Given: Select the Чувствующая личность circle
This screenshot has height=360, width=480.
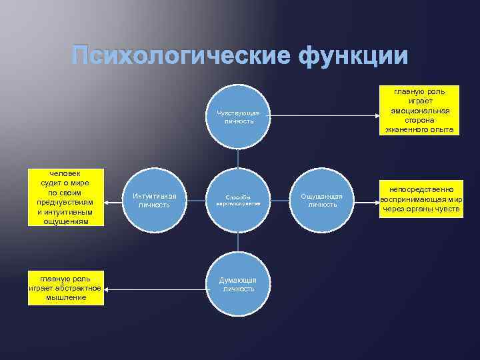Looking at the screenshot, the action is click(238, 117).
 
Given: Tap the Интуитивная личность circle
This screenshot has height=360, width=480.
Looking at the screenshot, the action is click(155, 200).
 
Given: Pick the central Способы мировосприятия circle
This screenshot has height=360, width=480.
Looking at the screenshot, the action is click(238, 200).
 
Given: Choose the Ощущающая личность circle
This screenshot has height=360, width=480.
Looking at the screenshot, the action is click(322, 200).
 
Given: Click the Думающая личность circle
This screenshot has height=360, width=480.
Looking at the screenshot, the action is click(238, 284).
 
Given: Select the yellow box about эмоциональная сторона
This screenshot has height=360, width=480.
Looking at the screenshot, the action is click(419, 111).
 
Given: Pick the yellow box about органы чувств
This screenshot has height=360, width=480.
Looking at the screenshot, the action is click(421, 199).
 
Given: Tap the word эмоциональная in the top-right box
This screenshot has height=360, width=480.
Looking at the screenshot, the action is click(419, 111).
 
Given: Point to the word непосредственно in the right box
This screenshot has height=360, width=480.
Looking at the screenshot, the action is click(421, 190).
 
